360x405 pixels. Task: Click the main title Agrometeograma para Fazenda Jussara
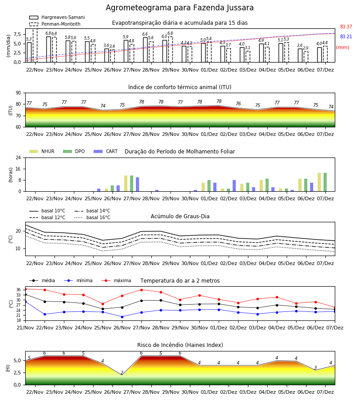pyautogui.click(x=180, y=8)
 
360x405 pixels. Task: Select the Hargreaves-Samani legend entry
pyautogui.click(x=57, y=17)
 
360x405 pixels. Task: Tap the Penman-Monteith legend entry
pyautogui.click(x=55, y=24)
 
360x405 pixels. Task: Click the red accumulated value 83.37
pyautogui.click(x=346, y=27)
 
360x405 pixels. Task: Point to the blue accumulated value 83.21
pyautogui.click(x=346, y=37)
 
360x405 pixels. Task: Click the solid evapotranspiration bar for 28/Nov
pyautogui.click(x=145, y=50)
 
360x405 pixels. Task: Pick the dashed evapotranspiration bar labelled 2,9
pyautogui.click(x=306, y=57)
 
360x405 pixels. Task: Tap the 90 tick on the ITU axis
pyautogui.click(x=18, y=93)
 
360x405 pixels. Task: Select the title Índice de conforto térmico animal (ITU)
pyautogui.click(x=180, y=87)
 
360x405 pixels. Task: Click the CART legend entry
pyautogui.click(x=106, y=151)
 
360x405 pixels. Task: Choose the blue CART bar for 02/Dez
pyautogui.click(x=234, y=186)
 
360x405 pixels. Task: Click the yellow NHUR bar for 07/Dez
pyautogui.click(x=319, y=182)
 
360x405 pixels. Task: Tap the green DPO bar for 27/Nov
pyautogui.click(x=132, y=184)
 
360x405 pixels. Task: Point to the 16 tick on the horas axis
pyautogui.click(x=18, y=169)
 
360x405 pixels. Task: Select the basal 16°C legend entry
pyautogui.click(x=92, y=217)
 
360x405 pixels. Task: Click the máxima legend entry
pyautogui.click(x=116, y=280)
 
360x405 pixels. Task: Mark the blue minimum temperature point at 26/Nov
pyautogui.click(x=122, y=317)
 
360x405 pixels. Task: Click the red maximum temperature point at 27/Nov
pyautogui.click(x=141, y=290)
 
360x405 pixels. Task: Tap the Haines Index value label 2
pyautogui.click(x=122, y=373)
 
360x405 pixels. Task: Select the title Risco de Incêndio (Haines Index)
pyautogui.click(x=180, y=345)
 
